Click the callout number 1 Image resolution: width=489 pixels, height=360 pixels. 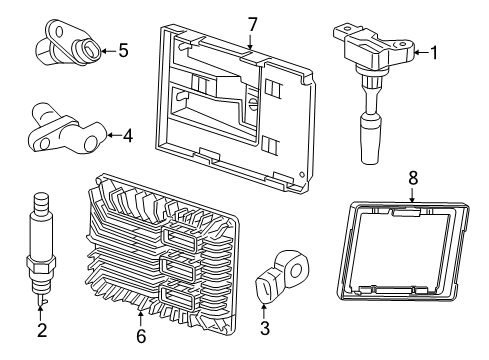click(x=434, y=53)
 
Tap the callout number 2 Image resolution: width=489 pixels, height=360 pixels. click(x=42, y=330)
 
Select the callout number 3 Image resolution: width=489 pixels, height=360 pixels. click(x=265, y=328)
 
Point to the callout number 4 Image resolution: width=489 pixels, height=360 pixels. click(x=128, y=136)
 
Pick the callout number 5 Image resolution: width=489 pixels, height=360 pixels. click(x=123, y=51)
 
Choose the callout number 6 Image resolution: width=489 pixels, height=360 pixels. click(x=141, y=336)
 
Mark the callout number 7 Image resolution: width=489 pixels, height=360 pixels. click(x=252, y=25)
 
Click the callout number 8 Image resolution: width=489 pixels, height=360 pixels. click(x=413, y=178)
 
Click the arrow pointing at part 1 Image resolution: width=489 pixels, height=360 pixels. click(x=422, y=52)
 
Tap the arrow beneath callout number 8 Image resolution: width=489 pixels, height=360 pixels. click(x=412, y=195)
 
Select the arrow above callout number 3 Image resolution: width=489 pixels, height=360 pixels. click(x=264, y=311)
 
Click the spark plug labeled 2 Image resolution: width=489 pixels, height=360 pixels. click(x=40, y=248)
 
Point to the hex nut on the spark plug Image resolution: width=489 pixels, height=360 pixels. click(x=40, y=265)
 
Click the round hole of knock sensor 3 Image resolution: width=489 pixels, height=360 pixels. click(x=295, y=270)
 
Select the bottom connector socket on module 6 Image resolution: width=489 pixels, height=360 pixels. click(x=178, y=298)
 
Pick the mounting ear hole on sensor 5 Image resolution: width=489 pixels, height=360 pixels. click(x=60, y=32)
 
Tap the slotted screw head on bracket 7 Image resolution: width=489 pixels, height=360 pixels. click(x=253, y=102)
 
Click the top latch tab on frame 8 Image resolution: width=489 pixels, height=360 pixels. click(x=406, y=212)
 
